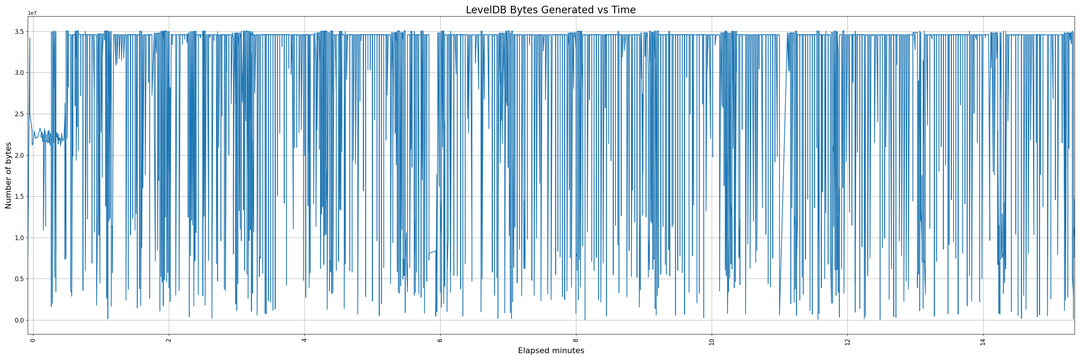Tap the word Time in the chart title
[x=624, y=10]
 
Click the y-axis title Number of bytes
[x=8, y=175]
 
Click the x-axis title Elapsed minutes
[x=551, y=351]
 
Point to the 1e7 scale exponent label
[x=32, y=13]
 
